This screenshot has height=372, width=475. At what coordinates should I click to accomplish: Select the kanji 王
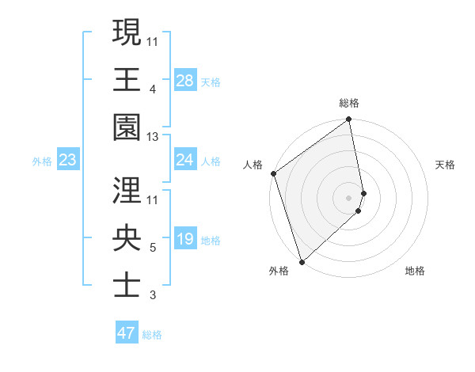127,78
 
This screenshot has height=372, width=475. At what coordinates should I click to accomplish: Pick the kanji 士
127,285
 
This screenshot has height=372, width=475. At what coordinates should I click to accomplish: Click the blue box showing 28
185,81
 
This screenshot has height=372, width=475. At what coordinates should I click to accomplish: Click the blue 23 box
68,161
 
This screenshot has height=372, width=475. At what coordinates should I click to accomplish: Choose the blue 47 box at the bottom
127,333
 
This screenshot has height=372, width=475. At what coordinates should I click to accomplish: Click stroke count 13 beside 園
153,137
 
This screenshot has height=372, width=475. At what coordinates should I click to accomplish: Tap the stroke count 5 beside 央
152,248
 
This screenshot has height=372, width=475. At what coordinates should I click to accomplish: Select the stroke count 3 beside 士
152,296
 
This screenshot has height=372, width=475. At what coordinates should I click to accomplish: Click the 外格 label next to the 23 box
42,161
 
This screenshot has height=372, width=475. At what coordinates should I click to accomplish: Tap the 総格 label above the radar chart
349,103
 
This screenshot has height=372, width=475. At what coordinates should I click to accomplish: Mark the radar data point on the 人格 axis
273,173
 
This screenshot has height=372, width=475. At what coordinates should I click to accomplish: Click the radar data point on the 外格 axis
302,261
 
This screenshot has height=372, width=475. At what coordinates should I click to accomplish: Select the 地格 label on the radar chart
415,271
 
